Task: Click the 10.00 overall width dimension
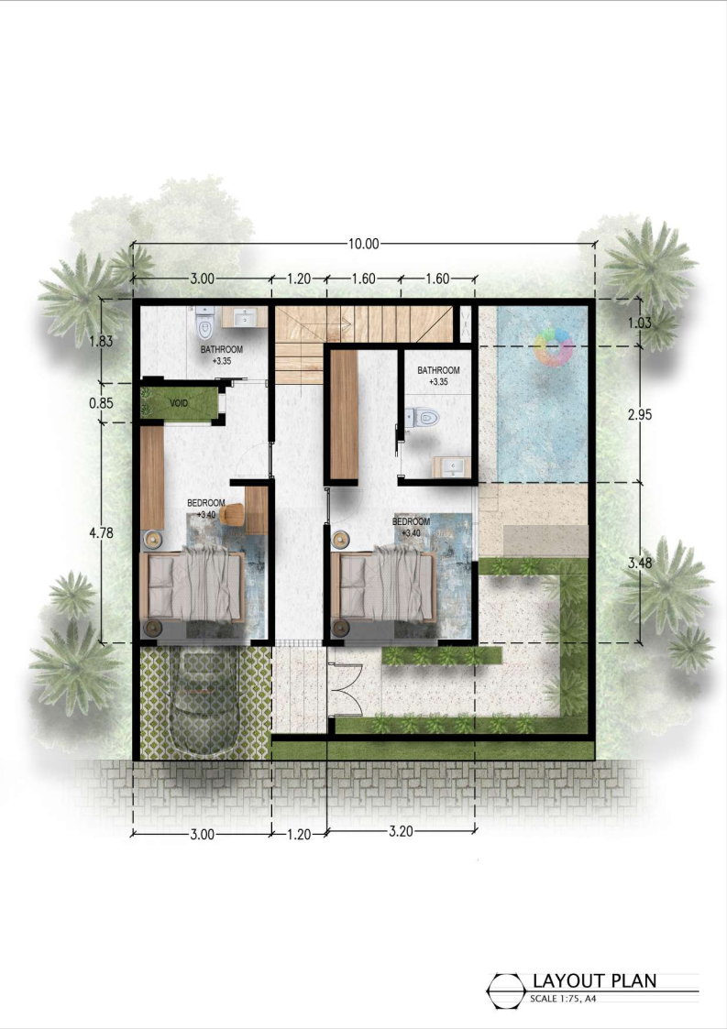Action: tap(363, 244)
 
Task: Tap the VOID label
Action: tap(179, 403)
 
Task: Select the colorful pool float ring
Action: tap(555, 346)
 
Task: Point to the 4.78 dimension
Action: tap(101, 533)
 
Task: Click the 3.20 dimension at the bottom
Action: tap(401, 831)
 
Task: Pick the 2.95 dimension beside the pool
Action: tap(640, 415)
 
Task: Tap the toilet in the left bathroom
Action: tap(204, 323)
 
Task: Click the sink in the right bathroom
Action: tap(452, 466)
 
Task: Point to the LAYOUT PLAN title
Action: tap(594, 981)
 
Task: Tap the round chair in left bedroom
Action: tap(230, 513)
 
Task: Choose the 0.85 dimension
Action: tap(101, 403)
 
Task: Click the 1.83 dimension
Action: tap(101, 341)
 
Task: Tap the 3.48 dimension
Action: tap(640, 563)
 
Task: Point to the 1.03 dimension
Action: tap(639, 323)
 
